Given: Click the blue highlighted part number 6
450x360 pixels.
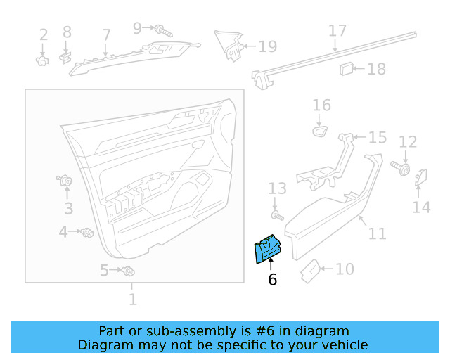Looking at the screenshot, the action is click(267, 250).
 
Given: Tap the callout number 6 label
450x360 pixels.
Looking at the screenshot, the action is click(272, 280).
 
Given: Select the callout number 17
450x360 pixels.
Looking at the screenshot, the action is click(337, 31).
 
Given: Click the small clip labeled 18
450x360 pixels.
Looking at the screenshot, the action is click(346, 68).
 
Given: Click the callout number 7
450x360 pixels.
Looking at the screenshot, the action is click(106, 34).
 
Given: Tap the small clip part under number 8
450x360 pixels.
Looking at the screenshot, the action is click(65, 54).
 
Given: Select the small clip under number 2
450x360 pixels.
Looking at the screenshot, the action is click(42, 60).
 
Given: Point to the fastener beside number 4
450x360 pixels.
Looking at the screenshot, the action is click(87, 232).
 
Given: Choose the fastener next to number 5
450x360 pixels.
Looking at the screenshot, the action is click(128, 271).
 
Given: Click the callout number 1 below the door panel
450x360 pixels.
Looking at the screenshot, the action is click(132, 300).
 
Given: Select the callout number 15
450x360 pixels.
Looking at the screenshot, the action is click(378, 138).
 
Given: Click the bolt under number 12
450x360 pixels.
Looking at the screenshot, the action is click(402, 170).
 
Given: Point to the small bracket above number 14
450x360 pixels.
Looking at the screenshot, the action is click(423, 179).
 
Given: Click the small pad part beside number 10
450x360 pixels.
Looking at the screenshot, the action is click(310, 271).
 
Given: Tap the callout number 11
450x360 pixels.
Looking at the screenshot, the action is click(378, 233).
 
